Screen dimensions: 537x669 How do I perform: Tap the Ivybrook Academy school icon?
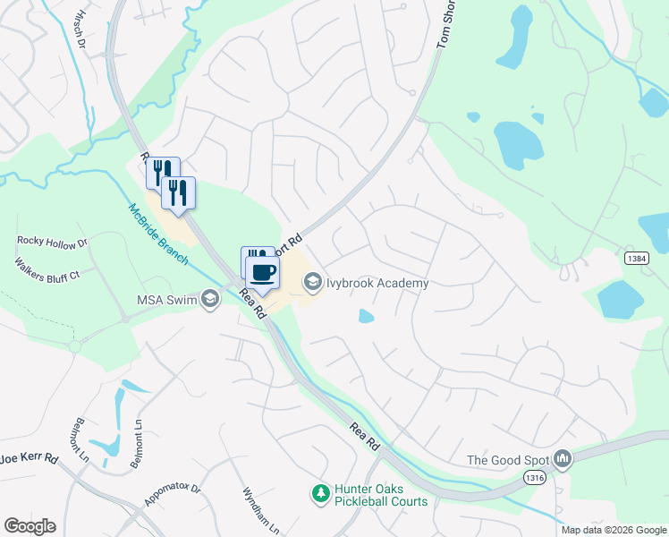pos(313,284)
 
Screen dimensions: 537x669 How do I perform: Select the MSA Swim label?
pos(167,300)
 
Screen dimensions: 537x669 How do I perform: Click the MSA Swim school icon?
pos(210,300)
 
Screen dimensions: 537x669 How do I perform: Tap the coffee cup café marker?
pos(263,272)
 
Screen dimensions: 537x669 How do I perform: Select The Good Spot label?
pos(507,461)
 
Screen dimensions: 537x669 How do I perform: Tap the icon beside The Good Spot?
pos(563,460)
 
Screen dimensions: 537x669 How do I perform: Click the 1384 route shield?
pos(636,258)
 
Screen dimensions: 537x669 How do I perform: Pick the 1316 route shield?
pos(535,480)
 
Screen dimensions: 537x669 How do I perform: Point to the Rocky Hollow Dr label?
pos(52,242)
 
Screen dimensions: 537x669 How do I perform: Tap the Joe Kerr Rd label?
pos(29,458)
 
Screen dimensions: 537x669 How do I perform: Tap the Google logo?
pos(30,526)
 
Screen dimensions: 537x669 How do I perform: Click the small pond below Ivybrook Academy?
pos(366,316)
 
